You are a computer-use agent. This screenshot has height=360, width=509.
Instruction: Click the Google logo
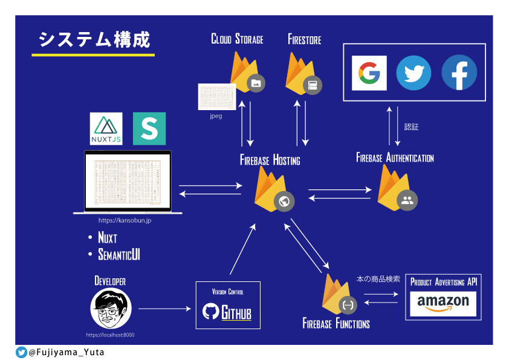coord(369,73)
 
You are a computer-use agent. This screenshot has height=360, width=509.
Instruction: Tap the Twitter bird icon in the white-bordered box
coord(413,73)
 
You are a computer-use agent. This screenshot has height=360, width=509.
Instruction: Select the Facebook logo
coord(459,73)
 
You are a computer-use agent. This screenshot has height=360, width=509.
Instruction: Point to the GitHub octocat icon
coord(211,312)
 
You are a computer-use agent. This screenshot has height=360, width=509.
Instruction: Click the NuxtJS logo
coord(106,128)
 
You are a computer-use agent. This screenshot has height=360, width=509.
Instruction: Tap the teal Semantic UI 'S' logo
coord(149,128)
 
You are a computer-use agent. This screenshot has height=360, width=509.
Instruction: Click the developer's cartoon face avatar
coord(111,309)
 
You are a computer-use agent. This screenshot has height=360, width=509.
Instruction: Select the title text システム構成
coord(94,39)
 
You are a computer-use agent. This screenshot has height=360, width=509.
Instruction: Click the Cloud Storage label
coord(237,40)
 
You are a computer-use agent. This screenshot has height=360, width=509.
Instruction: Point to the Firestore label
coord(304,40)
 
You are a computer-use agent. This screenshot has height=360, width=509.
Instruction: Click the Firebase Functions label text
coord(336,324)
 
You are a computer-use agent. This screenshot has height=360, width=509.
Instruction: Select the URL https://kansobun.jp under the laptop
coord(125,221)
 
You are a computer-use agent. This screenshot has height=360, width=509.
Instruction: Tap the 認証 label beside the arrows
coord(411,127)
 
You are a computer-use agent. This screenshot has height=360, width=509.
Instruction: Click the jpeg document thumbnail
coord(216,97)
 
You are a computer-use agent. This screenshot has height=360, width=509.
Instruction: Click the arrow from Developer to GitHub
coord(164,309)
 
